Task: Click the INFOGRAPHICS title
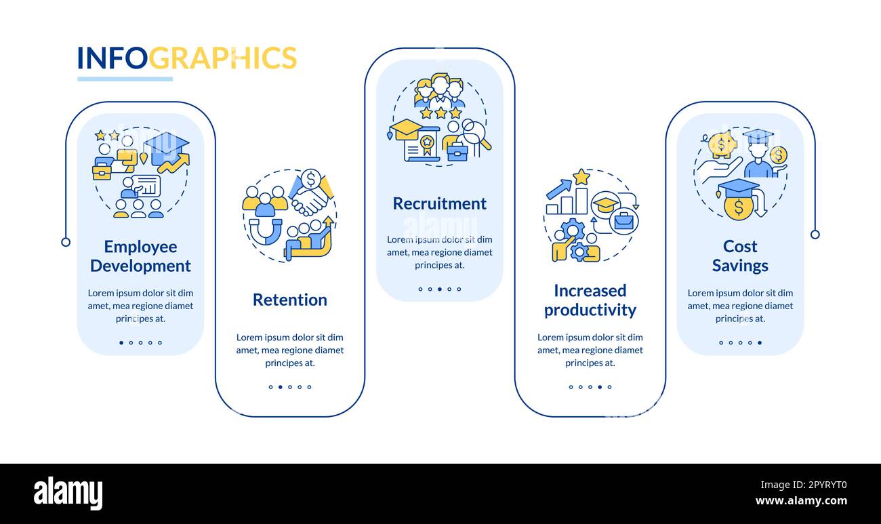pos(186,58)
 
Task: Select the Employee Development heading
pos(140,256)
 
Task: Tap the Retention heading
pos(289,300)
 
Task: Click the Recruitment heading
pos(439,203)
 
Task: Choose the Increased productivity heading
pos(590,300)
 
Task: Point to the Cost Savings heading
pos(739,256)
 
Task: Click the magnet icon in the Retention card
pos(265,230)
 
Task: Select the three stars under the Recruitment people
pos(440,113)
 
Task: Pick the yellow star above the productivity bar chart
pos(581,177)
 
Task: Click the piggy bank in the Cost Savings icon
pos(722,144)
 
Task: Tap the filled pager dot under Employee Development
pos(121,343)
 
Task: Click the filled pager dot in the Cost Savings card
pos(759,343)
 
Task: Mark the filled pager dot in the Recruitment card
pos(439,289)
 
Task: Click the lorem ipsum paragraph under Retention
pos(289,350)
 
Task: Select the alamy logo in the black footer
pos(68,493)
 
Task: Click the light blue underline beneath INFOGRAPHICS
pos(125,79)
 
